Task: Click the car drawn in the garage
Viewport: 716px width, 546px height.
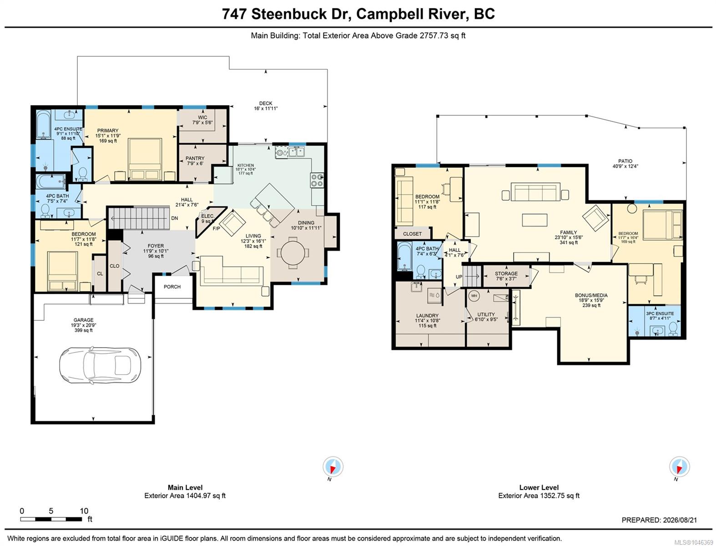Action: click(100, 365)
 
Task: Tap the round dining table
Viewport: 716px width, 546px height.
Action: click(293, 253)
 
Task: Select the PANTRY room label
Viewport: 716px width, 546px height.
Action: click(195, 158)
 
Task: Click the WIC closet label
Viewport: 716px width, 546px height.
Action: click(202, 117)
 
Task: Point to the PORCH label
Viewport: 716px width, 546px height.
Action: click(172, 287)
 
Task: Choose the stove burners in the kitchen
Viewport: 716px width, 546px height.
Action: click(317, 180)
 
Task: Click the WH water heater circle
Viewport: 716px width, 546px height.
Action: click(474, 296)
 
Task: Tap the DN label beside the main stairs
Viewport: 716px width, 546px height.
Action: click(175, 218)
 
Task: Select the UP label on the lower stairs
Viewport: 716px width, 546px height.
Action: click(459, 277)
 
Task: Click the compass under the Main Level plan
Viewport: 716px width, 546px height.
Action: click(333, 467)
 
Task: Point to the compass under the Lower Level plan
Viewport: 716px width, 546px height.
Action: click(680, 467)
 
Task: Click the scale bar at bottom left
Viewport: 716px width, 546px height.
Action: click(51, 519)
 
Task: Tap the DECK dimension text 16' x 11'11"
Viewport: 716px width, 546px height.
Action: click(266, 109)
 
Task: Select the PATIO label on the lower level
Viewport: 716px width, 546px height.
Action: click(625, 161)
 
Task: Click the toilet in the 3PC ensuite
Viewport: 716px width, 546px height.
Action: click(673, 329)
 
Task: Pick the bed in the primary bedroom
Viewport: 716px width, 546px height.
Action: click(145, 159)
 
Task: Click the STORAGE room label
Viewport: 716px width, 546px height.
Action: click(506, 273)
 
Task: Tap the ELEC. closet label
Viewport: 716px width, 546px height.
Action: click(208, 216)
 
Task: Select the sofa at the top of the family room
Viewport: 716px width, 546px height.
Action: click(535, 192)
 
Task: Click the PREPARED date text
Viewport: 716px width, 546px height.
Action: click(659, 520)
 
